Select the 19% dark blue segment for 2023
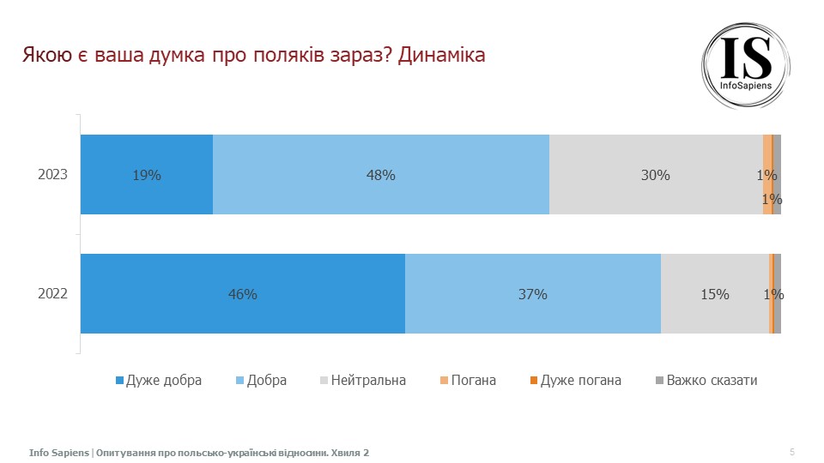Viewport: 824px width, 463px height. click(x=147, y=175)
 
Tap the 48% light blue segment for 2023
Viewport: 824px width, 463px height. click(x=381, y=175)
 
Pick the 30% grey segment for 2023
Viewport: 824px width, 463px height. click(x=656, y=175)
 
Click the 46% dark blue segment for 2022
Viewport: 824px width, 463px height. click(x=243, y=294)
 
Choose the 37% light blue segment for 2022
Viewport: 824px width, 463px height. click(x=533, y=294)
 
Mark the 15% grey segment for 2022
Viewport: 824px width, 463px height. click(x=714, y=294)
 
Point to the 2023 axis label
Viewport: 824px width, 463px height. click(x=52, y=175)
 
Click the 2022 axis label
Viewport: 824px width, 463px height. click(x=52, y=294)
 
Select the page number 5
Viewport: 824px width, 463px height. click(x=791, y=452)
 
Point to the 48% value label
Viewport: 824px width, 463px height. click(x=381, y=175)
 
